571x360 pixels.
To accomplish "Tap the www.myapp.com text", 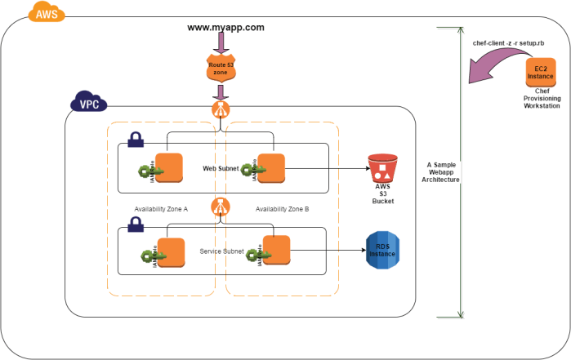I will click(225, 27).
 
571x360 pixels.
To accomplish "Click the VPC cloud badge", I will click(87, 104).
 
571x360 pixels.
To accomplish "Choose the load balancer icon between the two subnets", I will click(220, 208).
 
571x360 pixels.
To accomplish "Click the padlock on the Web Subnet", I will click(136, 139).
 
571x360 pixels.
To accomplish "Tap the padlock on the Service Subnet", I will click(135, 222).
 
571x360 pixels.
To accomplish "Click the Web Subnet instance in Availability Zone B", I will click(270, 169).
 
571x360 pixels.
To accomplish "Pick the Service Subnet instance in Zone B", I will click(277, 250).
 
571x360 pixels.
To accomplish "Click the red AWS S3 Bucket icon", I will click(382, 168).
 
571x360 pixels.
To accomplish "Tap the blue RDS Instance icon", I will click(381, 249).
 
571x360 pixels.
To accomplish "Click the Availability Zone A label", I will click(162, 209).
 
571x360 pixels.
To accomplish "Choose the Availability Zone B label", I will click(282, 209).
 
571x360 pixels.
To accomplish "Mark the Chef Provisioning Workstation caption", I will click(542, 106).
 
